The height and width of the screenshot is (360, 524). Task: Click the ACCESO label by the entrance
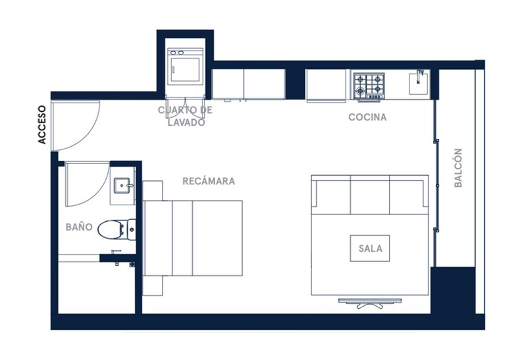point(41,124)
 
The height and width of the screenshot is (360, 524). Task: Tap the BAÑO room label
point(79,227)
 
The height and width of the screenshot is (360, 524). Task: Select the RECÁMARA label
point(209,181)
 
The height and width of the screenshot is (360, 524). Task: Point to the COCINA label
point(367,117)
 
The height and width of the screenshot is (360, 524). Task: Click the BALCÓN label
point(458,168)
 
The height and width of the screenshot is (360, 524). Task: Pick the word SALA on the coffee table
point(370,249)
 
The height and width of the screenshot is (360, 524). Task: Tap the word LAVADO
point(186,122)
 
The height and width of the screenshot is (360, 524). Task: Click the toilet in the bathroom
point(117,230)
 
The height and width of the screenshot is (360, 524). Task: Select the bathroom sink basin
point(122,186)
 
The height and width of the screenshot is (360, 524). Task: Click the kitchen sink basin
point(419,84)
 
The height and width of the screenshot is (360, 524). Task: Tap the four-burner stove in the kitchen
point(369,86)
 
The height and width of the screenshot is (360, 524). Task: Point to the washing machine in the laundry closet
point(186,66)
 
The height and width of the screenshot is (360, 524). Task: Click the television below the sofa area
point(369,303)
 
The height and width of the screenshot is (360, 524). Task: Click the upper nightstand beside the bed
point(153,191)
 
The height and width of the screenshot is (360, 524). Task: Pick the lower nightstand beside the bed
point(153,286)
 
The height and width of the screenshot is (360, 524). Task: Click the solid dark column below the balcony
point(452,290)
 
